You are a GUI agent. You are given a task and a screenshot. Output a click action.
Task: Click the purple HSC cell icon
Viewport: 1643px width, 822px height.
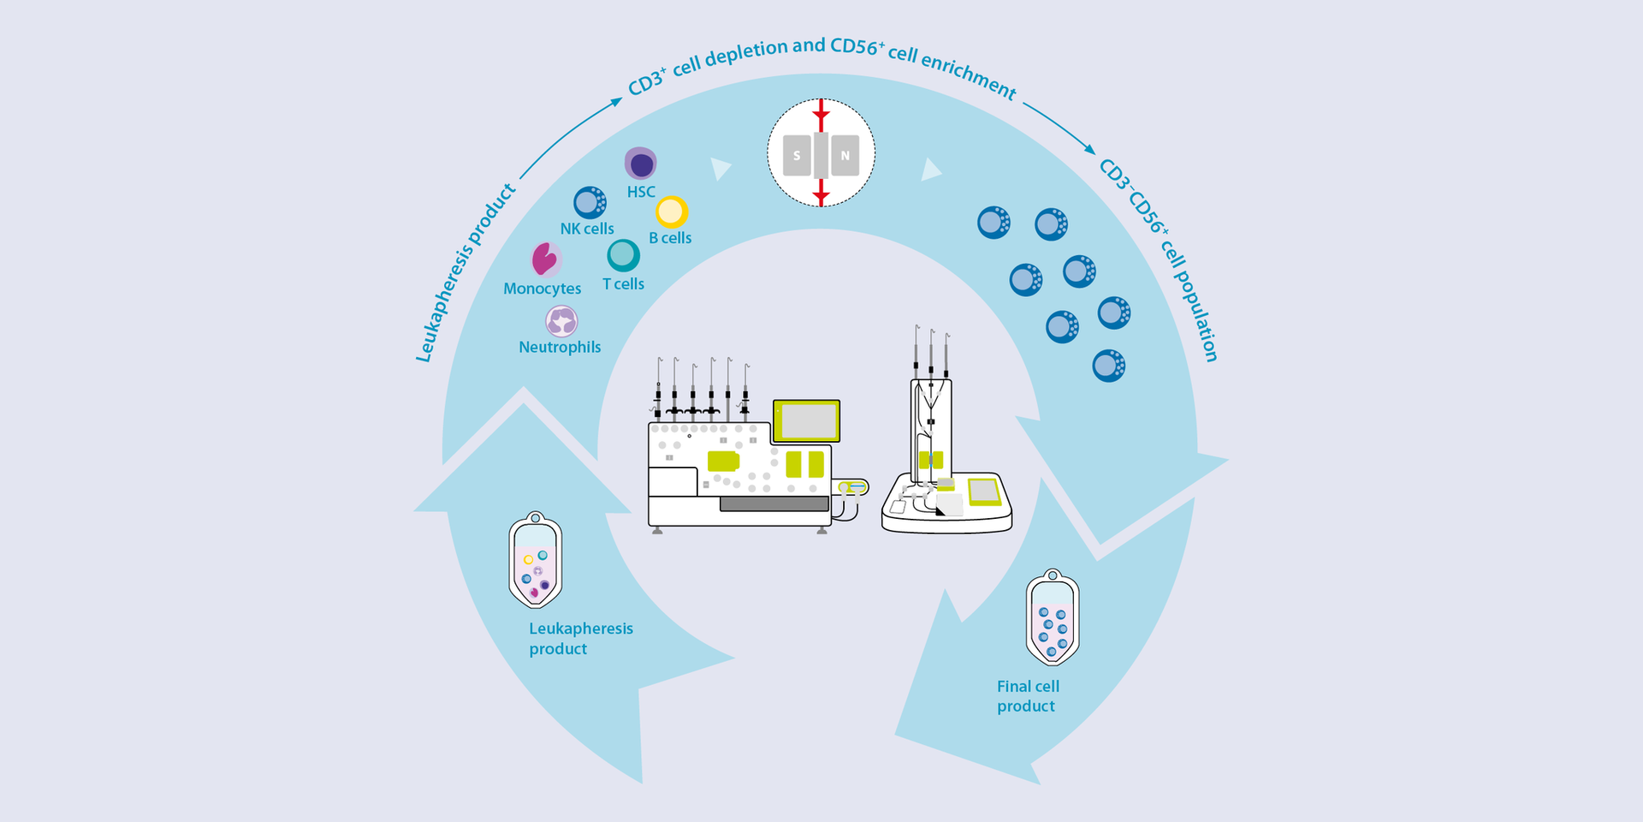coord(640,164)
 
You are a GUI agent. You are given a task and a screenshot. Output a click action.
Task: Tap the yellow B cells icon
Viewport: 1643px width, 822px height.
coord(672,211)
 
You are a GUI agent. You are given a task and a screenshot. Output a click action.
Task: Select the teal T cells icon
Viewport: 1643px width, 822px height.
coord(623,255)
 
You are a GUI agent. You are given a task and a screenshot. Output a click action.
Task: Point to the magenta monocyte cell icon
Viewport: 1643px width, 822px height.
coord(544,259)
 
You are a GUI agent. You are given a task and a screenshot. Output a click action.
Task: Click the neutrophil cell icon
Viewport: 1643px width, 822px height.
coord(561,321)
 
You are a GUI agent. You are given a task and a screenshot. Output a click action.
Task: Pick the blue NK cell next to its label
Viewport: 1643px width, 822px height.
coord(590,203)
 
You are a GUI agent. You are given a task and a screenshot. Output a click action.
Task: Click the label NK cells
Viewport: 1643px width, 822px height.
coord(587,229)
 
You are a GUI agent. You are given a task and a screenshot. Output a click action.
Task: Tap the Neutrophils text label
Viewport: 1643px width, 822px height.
coord(560,347)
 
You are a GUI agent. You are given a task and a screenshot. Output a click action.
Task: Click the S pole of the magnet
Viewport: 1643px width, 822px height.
coord(797,155)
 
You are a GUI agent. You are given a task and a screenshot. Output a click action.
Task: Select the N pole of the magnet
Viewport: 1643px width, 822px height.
coord(845,155)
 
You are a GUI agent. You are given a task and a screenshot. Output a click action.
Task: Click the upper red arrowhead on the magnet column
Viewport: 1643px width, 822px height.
coord(821,114)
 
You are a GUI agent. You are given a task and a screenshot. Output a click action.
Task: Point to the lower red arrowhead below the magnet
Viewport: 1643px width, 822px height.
coord(821,196)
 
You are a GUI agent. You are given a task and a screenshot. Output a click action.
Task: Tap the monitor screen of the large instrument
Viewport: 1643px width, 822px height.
coord(807,420)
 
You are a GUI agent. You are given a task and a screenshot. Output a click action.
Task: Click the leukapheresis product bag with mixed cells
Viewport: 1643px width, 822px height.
coord(535,561)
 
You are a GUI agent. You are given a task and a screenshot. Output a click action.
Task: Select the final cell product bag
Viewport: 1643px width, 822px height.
coord(1052,618)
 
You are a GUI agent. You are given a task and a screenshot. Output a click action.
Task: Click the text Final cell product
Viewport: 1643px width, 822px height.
coord(1027,695)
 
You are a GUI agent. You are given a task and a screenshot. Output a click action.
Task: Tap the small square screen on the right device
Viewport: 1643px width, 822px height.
coord(983,491)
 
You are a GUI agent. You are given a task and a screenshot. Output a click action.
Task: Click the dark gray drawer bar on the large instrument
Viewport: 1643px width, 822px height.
coord(774,503)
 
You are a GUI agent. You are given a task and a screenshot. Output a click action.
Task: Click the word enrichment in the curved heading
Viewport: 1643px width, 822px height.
coord(967,73)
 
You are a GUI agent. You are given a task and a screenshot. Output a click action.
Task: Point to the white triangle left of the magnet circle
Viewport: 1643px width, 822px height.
coord(721,168)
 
